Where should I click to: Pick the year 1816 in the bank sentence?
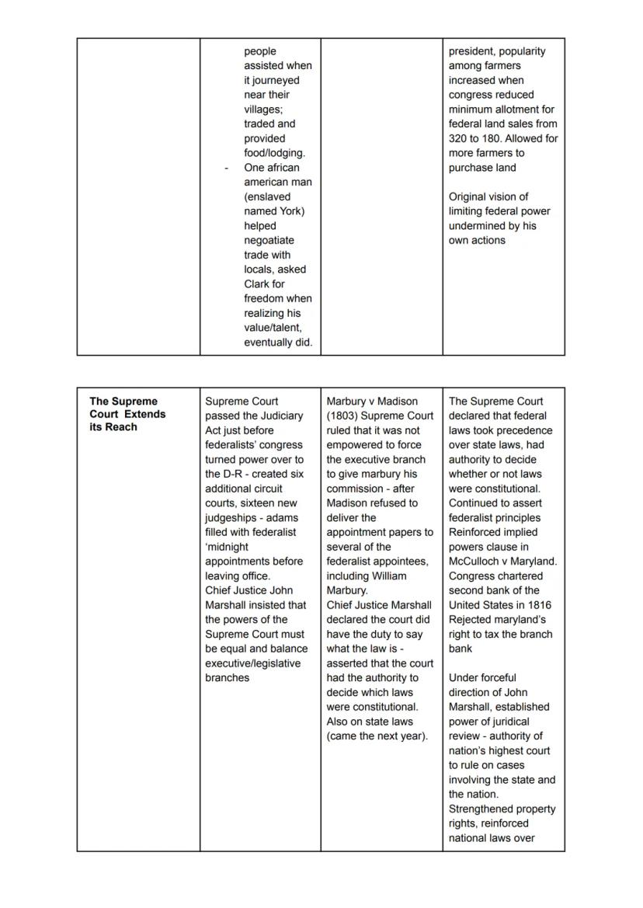(537, 605)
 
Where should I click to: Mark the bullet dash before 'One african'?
(226, 168)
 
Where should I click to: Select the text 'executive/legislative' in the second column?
(252, 663)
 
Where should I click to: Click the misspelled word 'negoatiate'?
(269, 240)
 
